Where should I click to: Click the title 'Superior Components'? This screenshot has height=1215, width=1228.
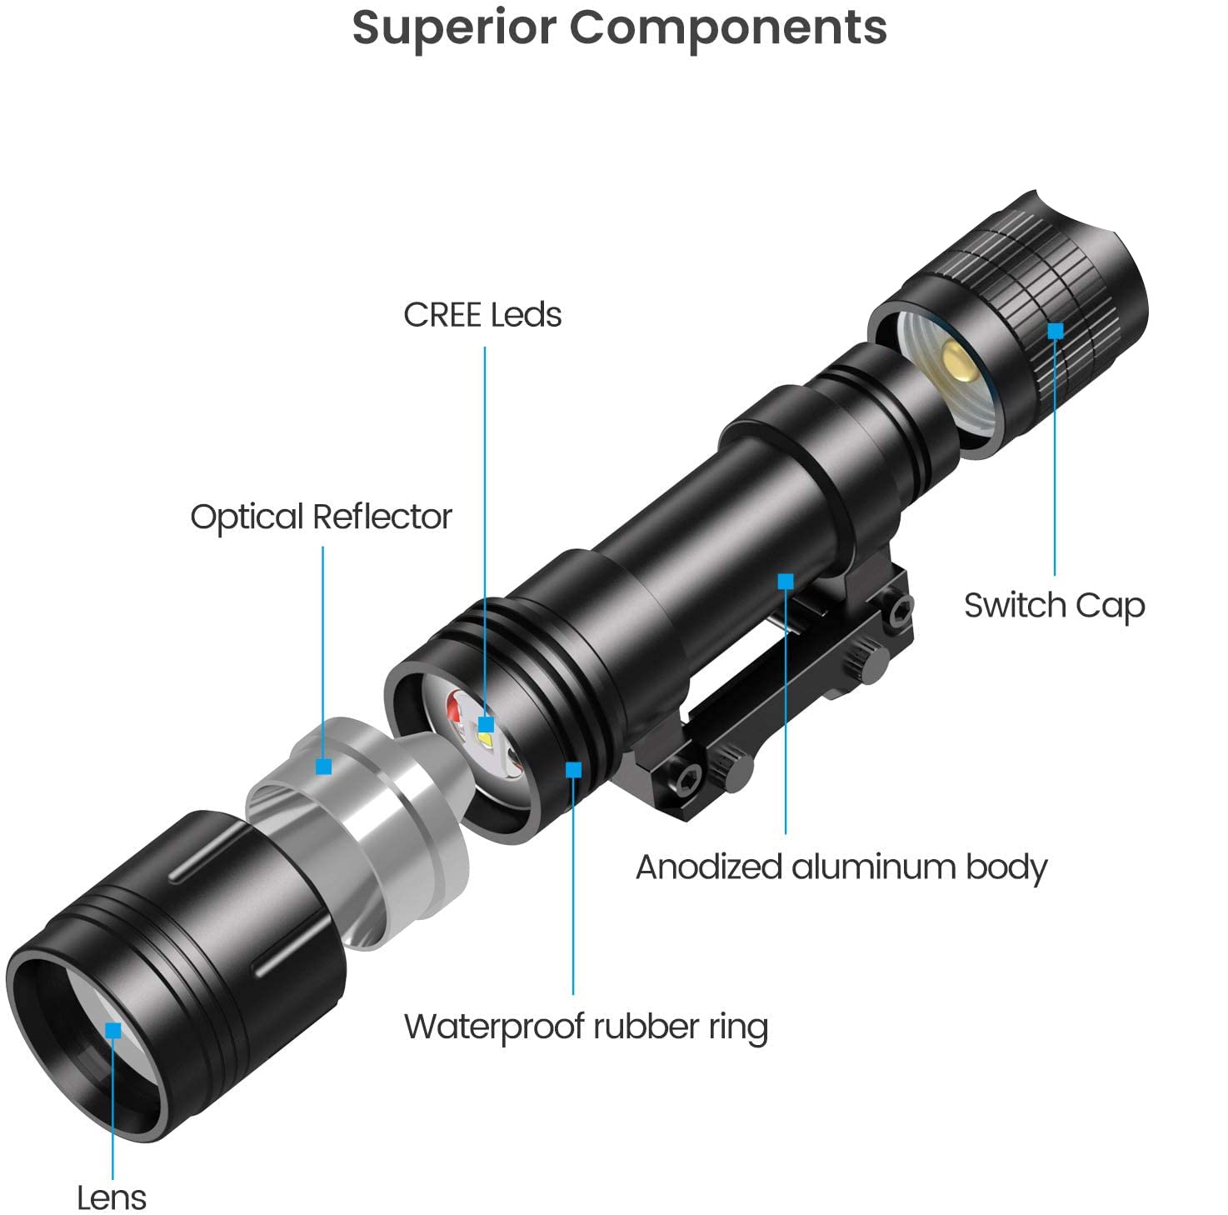[619, 27]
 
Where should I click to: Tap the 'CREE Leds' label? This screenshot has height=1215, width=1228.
[482, 315]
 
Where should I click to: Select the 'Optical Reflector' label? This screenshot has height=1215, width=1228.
[321, 517]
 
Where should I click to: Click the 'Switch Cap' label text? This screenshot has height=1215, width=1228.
[1054, 606]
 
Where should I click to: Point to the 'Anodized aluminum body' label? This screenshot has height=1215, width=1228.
[841, 867]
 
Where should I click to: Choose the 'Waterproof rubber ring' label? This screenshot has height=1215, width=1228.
[586, 1027]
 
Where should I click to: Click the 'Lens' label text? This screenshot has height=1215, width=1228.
[112, 1198]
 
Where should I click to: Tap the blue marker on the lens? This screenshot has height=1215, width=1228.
[113, 1031]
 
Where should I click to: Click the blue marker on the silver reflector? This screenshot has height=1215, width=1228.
[324, 767]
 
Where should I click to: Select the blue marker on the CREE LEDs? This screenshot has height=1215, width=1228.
[487, 724]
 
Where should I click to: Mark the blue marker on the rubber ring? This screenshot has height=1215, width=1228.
[573, 769]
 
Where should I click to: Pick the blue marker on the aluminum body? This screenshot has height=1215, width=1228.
[786, 581]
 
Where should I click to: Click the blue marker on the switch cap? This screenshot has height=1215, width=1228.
[1056, 331]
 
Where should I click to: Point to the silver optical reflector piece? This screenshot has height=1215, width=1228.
[367, 825]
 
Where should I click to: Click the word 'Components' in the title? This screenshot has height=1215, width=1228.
[728, 27]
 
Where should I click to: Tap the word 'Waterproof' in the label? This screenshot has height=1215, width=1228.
[492, 1027]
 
